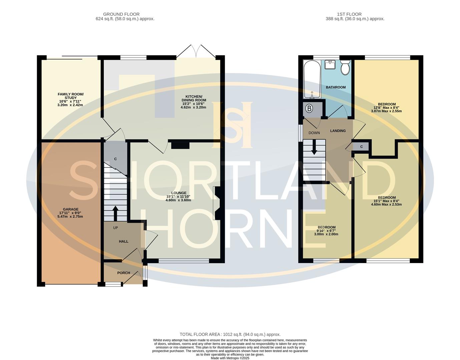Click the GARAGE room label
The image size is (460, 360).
71,209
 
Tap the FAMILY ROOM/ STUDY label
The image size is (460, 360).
71,96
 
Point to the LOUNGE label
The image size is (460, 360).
179,193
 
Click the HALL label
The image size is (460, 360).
124,241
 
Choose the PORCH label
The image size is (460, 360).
123,273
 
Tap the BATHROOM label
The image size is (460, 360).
336,87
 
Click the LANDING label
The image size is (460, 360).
338,131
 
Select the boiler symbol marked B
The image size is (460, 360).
310,109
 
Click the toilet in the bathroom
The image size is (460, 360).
345,68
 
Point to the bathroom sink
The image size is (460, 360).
330,64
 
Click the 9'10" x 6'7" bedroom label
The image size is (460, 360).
326,231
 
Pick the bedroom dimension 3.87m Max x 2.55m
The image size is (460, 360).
386,111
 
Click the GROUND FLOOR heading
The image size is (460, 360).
121,14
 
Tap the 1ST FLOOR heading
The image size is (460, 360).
349,14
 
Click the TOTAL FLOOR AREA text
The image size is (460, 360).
230,334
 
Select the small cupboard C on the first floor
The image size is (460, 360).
361,147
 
